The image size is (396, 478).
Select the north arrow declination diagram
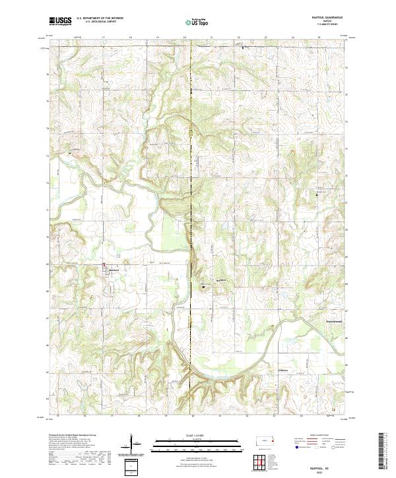[132, 445]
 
